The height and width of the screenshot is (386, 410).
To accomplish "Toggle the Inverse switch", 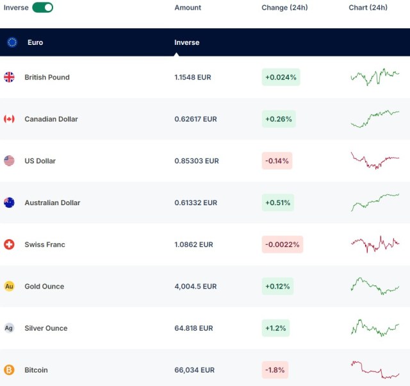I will click(42, 8).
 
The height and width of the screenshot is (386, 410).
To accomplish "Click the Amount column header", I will click(188, 8).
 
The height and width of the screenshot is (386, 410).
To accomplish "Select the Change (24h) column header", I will click(284, 8).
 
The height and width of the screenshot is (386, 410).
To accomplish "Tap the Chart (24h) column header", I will click(368, 8).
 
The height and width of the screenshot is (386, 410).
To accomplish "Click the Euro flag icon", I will click(12, 42).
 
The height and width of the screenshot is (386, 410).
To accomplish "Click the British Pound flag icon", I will click(9, 77).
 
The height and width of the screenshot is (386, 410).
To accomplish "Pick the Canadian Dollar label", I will click(51, 119).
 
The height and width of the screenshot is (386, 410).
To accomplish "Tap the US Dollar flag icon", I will click(9, 161).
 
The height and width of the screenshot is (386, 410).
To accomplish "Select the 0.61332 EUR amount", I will click(195, 203).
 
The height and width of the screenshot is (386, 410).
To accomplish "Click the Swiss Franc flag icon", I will click(9, 244).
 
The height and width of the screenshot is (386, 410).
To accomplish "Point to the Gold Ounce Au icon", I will click(9, 286).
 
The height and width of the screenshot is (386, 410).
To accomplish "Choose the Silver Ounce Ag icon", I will click(9, 328).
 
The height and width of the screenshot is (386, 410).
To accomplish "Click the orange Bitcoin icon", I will click(9, 370).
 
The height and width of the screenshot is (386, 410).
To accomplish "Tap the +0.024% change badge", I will click(281, 77).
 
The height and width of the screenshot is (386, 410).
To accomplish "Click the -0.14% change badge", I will click(277, 161).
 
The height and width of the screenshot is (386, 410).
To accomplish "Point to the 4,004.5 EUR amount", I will click(196, 287).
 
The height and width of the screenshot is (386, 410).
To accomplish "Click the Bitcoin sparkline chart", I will click(375, 370).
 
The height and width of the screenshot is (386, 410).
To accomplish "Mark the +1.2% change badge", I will click(275, 328).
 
